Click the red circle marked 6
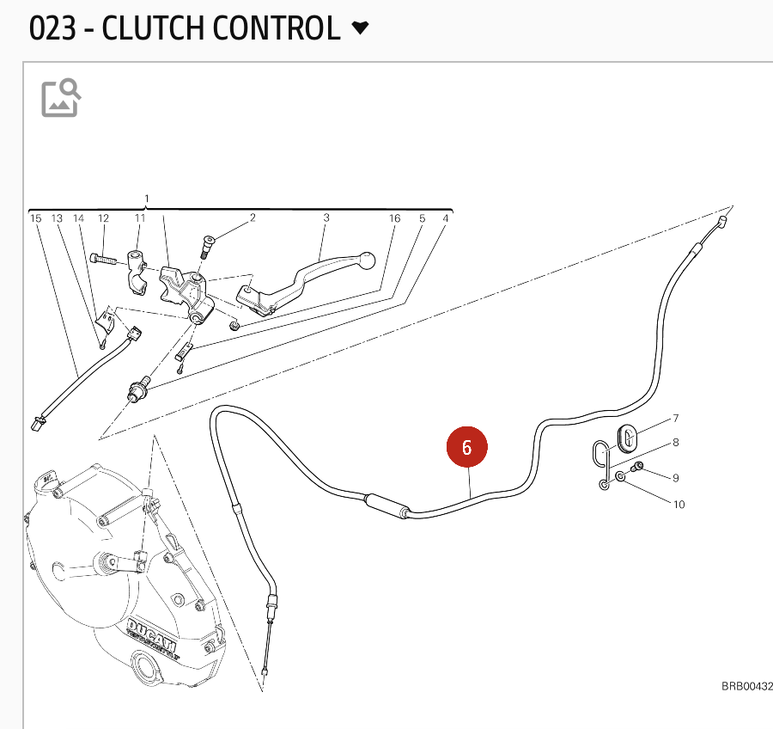pyautogui.click(x=466, y=447)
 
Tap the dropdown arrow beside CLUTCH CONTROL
pyautogui.click(x=361, y=28)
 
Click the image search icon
pyautogui.click(x=61, y=97)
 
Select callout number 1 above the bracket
pyautogui.click(x=147, y=199)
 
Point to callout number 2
pyautogui.click(x=253, y=218)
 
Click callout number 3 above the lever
pyautogui.click(x=326, y=218)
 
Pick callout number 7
pyautogui.click(x=676, y=419)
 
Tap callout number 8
pyautogui.click(x=676, y=444)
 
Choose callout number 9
pyautogui.click(x=676, y=478)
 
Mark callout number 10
pyautogui.click(x=679, y=505)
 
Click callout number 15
pyautogui.click(x=36, y=218)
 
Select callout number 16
pyautogui.click(x=395, y=218)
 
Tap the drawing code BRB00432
pyautogui.click(x=746, y=686)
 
